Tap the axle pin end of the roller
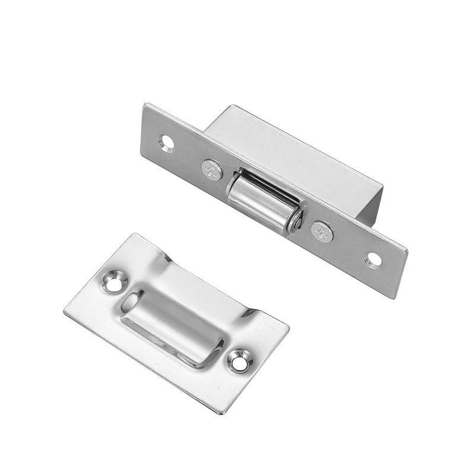(x=294, y=221)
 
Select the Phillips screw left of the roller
(x=212, y=170)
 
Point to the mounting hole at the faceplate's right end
(x=373, y=259)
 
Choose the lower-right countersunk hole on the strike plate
(x=239, y=361)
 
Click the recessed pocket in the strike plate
(x=172, y=324)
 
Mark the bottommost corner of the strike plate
(x=223, y=413)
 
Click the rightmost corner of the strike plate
(x=289, y=325)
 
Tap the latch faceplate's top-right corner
(x=407, y=249)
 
